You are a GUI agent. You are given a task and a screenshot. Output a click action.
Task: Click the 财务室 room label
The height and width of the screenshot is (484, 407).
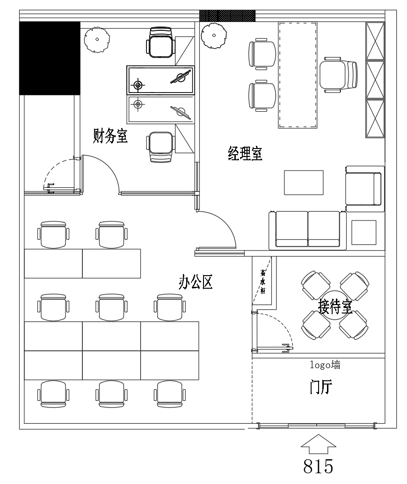(x=110, y=136)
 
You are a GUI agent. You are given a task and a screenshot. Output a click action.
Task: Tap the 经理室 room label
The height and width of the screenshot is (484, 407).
(x=245, y=153)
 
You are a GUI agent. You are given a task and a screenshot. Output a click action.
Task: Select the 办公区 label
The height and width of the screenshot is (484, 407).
(x=196, y=282)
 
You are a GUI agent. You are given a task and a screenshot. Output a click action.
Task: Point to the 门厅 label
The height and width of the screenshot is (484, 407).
(x=321, y=387)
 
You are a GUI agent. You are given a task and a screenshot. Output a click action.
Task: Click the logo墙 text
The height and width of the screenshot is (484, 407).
(x=325, y=365)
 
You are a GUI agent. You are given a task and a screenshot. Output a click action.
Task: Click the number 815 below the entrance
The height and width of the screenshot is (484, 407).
(x=318, y=466)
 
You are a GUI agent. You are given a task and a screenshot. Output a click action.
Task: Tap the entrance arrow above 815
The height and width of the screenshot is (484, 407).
(x=318, y=444)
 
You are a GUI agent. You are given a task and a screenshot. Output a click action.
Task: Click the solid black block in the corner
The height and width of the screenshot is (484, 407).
(x=50, y=58)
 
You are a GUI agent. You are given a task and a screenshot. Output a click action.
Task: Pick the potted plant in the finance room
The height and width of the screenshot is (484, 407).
(x=97, y=40)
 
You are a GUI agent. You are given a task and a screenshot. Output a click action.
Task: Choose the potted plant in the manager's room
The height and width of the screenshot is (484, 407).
(x=214, y=35)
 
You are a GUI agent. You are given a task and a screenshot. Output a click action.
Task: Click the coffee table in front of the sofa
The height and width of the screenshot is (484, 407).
(x=304, y=182)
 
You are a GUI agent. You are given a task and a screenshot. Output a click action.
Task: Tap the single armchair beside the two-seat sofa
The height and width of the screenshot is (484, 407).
(x=364, y=189)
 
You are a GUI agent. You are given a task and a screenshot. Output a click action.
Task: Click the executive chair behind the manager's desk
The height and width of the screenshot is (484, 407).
(x=338, y=75)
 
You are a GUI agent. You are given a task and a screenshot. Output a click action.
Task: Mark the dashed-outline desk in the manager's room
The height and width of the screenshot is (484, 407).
(x=298, y=75)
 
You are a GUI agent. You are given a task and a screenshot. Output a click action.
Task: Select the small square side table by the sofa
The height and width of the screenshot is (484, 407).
(x=364, y=233)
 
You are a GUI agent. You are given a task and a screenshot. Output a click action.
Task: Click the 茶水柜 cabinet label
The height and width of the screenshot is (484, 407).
(x=263, y=282)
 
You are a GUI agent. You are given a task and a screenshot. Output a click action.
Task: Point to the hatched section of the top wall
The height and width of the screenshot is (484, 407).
(x=227, y=16)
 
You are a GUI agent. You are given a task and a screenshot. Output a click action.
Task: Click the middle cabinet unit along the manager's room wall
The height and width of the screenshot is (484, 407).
(x=375, y=80)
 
